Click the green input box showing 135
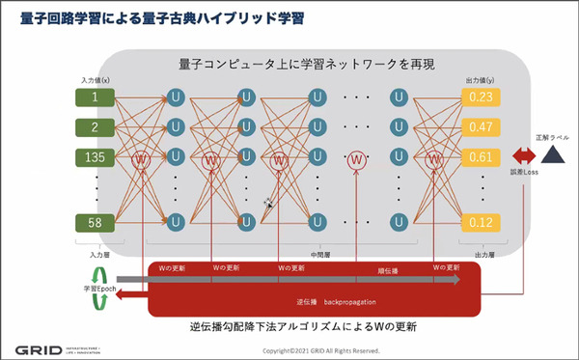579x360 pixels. click(x=95, y=157)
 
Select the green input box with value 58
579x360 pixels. click(x=95, y=223)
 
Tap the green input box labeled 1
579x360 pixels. click(x=95, y=97)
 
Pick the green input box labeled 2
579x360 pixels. click(x=95, y=127)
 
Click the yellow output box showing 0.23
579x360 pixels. click(x=482, y=97)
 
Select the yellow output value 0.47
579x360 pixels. click(x=482, y=127)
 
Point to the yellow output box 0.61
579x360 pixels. click(x=482, y=157)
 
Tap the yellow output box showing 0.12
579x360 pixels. click(x=482, y=223)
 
